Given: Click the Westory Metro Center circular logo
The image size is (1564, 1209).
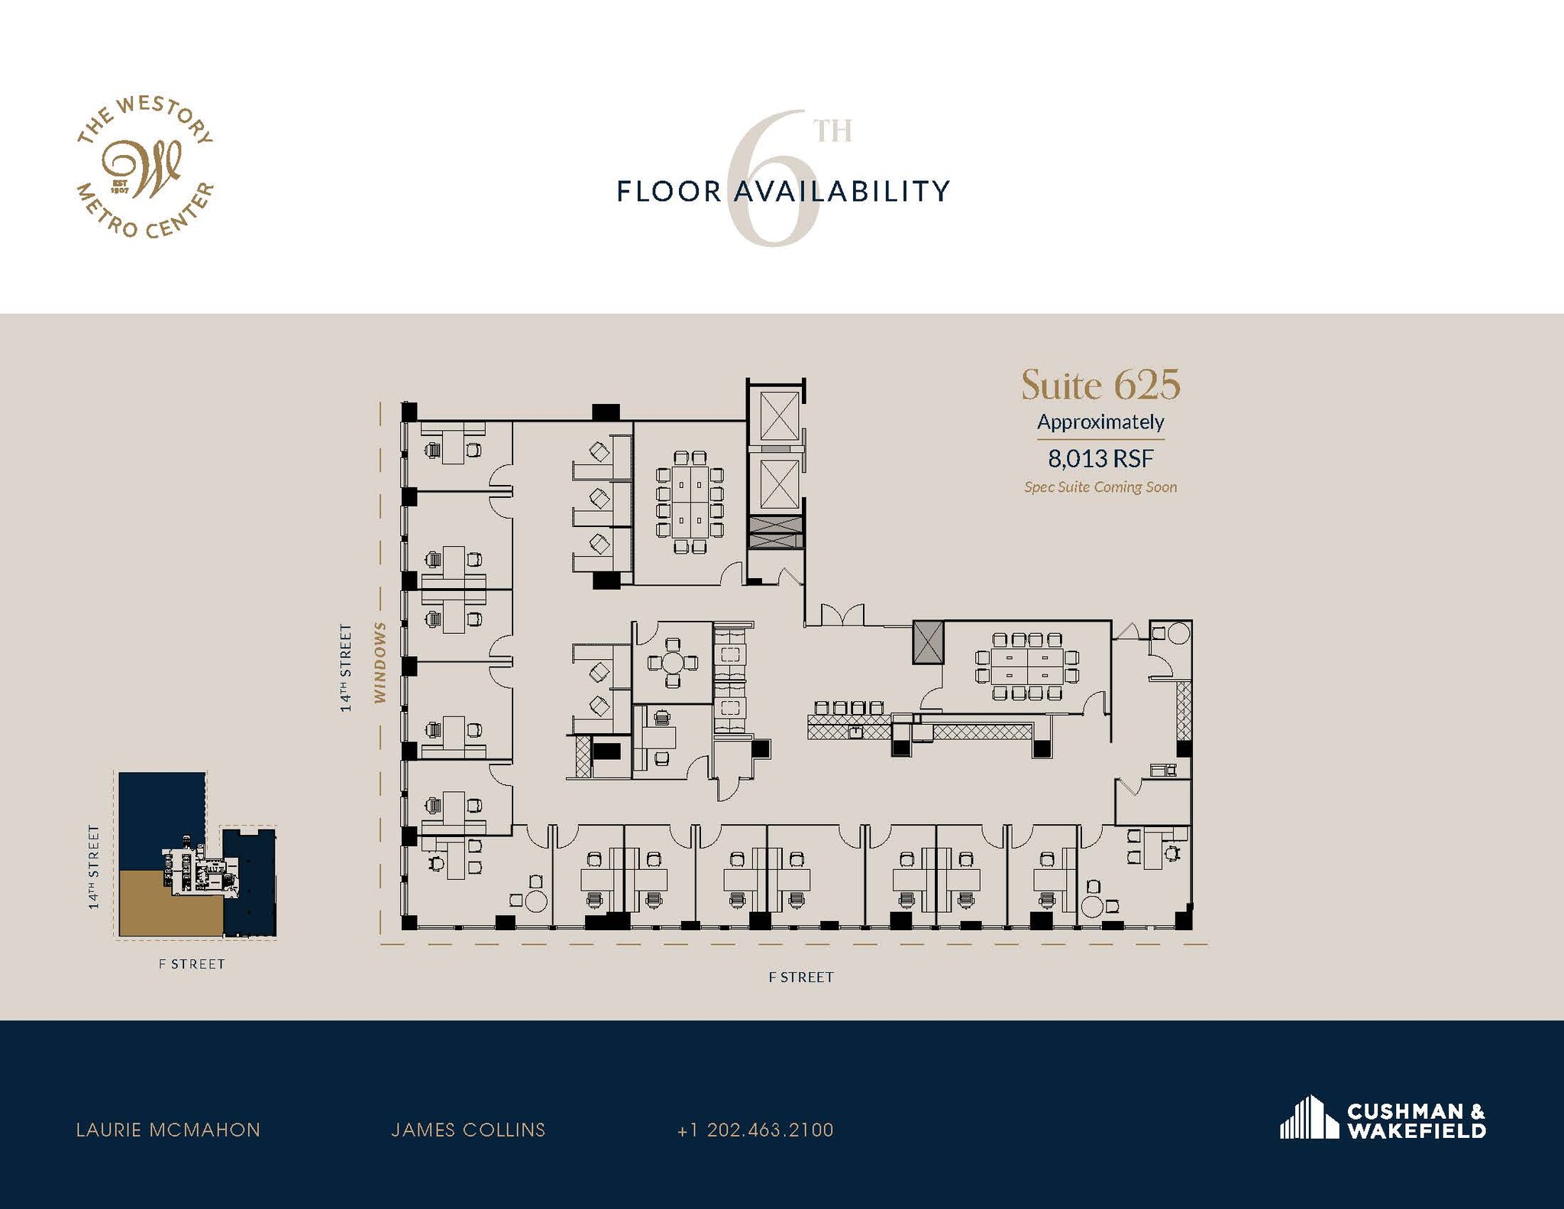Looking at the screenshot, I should click(145, 167).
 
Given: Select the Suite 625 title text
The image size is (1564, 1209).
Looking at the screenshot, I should click(1100, 385).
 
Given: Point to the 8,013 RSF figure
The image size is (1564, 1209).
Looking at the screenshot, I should click(1100, 458).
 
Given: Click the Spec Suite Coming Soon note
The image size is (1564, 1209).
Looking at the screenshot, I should click(1100, 487).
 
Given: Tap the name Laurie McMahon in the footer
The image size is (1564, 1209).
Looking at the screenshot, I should click(168, 1130).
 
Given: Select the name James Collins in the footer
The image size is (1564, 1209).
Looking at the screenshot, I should click(468, 1130).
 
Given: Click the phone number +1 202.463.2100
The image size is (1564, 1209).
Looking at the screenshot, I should click(755, 1130).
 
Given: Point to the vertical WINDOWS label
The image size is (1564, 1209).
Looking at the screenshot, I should click(380, 661).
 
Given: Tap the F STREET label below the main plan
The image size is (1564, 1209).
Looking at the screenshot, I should click(801, 977).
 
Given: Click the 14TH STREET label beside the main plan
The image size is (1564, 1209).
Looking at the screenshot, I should click(347, 668).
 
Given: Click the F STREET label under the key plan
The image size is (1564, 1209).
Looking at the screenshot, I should click(192, 964).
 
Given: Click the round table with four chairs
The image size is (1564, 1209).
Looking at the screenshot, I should click(673, 662).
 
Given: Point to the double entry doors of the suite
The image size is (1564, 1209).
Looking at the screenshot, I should click(842, 616).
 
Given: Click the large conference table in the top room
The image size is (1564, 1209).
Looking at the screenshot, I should click(690, 501).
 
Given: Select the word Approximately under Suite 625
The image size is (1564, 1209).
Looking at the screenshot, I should click(1100, 422).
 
